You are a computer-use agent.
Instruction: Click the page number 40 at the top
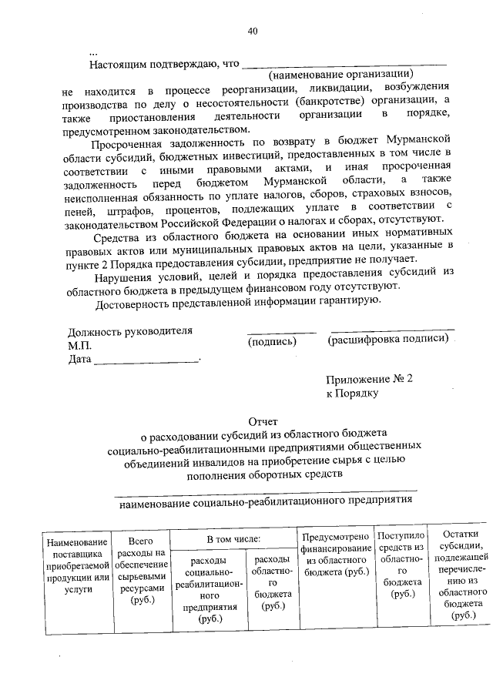coord(253,32)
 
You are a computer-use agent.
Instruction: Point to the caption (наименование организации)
coord(337,75)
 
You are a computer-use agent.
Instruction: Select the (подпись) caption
coord(273,340)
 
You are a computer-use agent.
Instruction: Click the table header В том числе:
coord(233,540)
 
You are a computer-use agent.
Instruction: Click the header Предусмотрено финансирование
coord(335,555)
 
